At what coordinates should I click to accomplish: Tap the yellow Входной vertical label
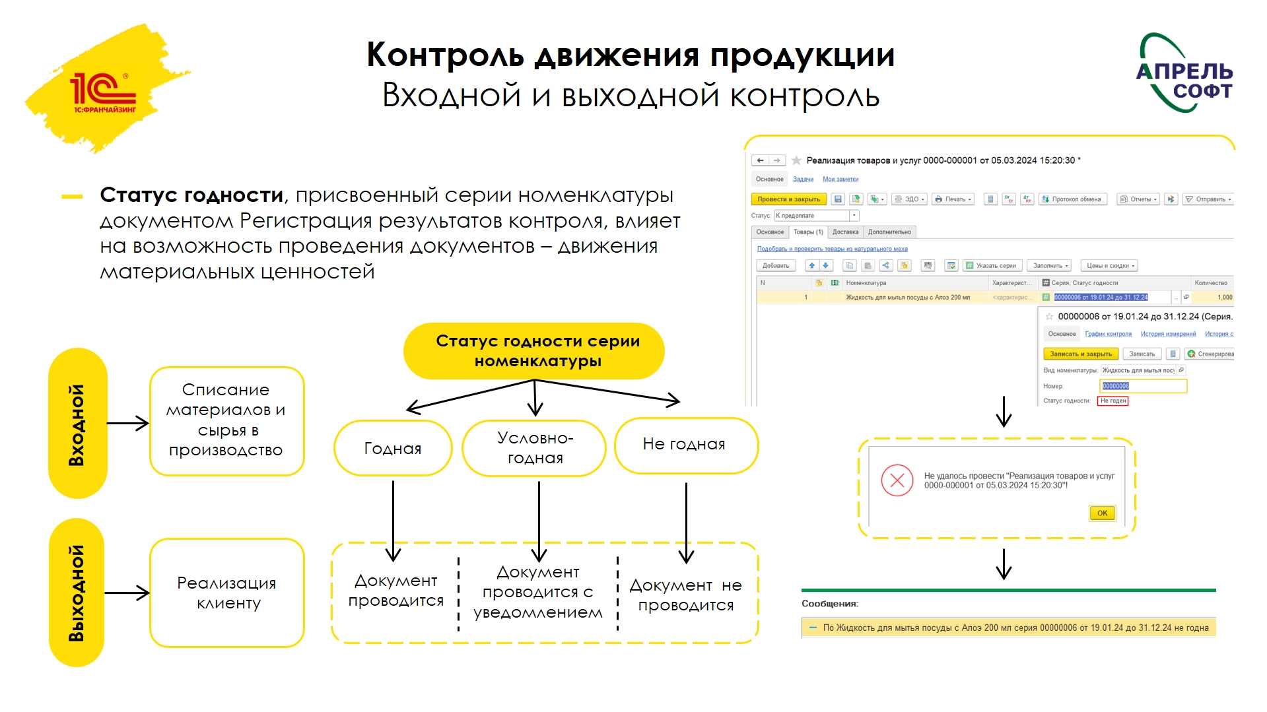77,424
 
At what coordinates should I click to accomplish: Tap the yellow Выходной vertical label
77,592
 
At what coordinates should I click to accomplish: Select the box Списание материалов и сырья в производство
226,420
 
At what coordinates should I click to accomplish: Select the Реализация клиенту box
226,592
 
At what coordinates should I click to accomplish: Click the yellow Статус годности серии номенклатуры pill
534,350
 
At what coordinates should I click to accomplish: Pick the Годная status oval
393,448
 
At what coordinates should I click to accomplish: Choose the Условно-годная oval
534,448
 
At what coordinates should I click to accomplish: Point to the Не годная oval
685,444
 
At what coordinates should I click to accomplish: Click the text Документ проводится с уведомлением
538,592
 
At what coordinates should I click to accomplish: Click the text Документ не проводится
686,595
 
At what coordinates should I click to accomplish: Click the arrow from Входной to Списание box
128,424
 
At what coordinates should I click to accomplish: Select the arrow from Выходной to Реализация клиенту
127,593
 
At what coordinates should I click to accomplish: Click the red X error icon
897,480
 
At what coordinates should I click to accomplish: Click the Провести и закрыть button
788,199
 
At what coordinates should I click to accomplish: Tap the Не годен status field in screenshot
1113,401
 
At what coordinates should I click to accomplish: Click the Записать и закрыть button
1081,354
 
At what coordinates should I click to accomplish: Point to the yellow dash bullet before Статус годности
72,196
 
